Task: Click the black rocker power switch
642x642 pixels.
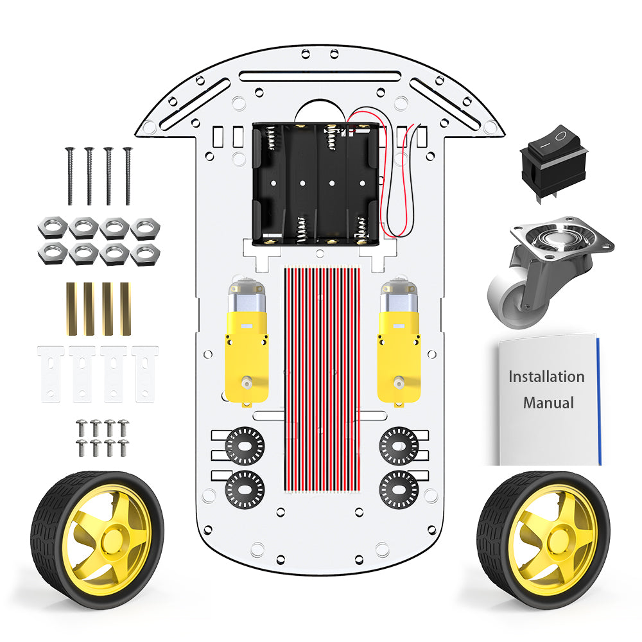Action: pos(553,164)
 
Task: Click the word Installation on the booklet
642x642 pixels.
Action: pos(546,377)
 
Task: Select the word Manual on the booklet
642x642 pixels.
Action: pos(549,403)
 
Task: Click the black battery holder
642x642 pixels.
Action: pos(316,184)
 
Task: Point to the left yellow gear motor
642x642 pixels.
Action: pos(247,343)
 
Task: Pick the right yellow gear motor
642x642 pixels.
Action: pos(399,343)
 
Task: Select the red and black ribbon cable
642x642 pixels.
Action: pos(322,379)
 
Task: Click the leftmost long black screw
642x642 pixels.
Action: pos(70,176)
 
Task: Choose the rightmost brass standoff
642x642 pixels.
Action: pos(125,309)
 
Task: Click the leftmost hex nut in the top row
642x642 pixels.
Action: pos(53,227)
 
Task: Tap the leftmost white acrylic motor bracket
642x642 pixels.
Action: pos(51,374)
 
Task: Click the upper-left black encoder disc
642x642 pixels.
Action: pos(245,446)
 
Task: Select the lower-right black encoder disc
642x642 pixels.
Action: pos(399,490)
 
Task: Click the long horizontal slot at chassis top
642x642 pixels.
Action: pos(320,76)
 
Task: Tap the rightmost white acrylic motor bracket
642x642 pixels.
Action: pos(145,374)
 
